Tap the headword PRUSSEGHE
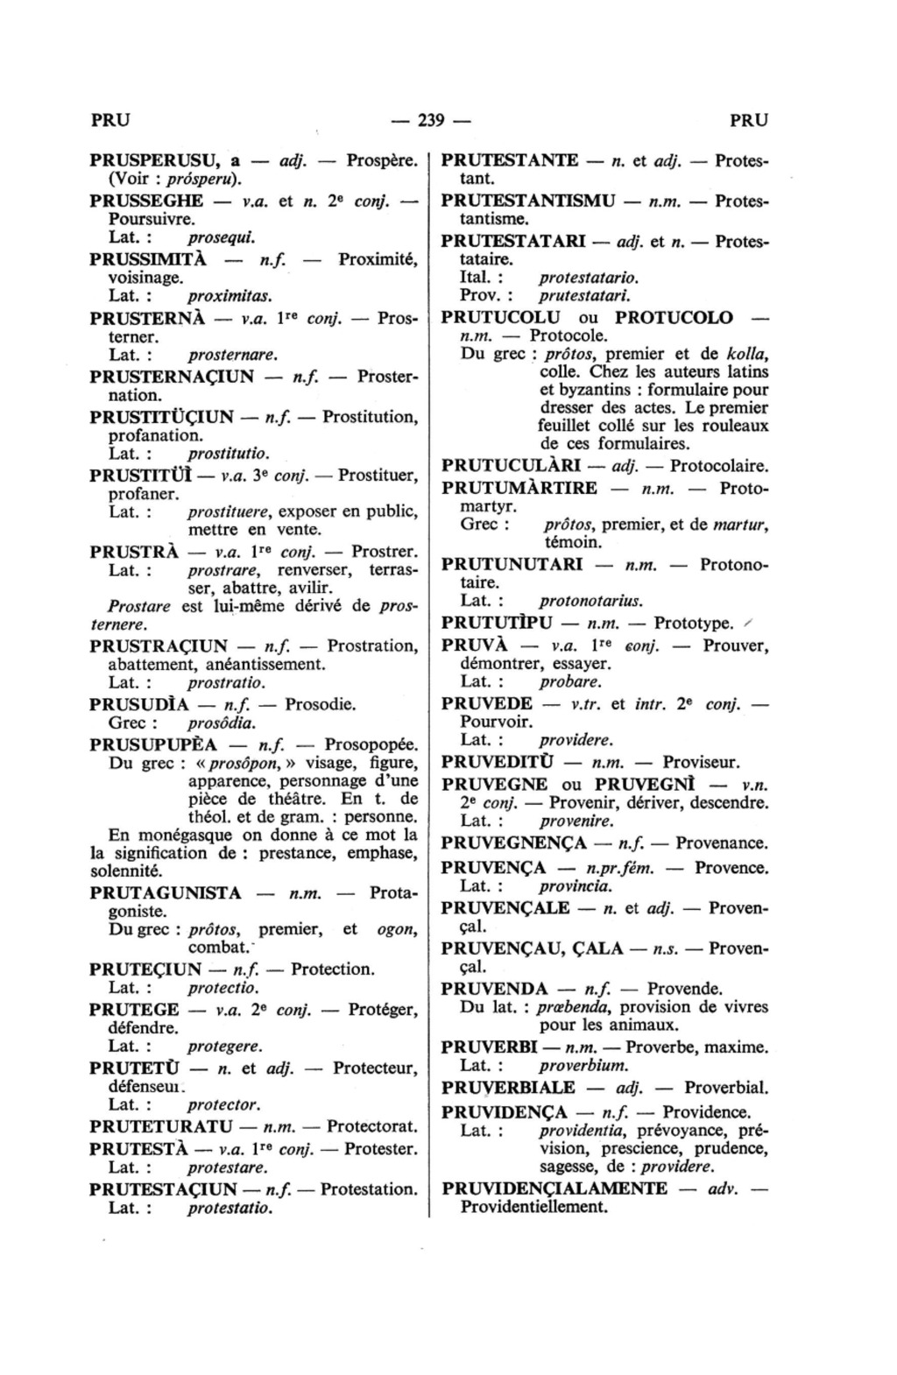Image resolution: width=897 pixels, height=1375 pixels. click(x=146, y=200)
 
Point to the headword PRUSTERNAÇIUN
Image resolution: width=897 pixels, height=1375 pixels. click(x=172, y=377)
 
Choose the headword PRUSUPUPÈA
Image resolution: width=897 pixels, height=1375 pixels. click(x=153, y=744)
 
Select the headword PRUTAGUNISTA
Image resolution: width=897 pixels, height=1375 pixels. click(x=166, y=893)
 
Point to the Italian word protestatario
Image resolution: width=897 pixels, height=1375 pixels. click(x=589, y=278)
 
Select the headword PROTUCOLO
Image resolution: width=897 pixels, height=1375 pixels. click(x=674, y=317)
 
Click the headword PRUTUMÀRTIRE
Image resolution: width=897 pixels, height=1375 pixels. click(x=519, y=488)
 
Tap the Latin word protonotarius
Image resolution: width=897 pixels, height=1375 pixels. click(x=590, y=601)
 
